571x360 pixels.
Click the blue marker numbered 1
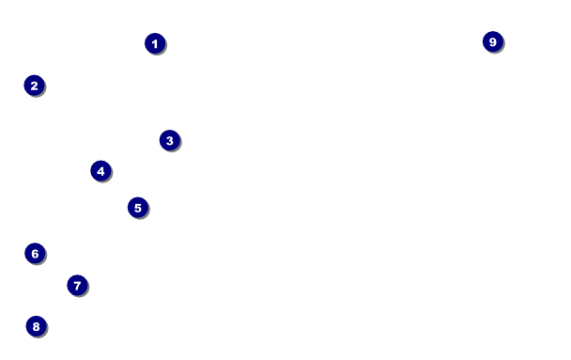tap(155, 43)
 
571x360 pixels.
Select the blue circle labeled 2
tap(34, 86)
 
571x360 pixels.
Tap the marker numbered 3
tap(170, 140)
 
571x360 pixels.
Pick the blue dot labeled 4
tap(100, 171)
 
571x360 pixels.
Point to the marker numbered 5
tap(138, 208)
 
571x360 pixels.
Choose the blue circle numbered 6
tap(35, 253)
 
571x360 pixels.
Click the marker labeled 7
tap(77, 286)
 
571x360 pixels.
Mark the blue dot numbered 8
tap(36, 326)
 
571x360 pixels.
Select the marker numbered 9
tap(493, 41)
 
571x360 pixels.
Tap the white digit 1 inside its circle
tap(155, 44)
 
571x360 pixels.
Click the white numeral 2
tap(34, 86)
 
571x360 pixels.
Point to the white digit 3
tap(170, 141)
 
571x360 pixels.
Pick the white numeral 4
tap(100, 171)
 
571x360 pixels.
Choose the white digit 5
tap(138, 208)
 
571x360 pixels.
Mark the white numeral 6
tap(35, 254)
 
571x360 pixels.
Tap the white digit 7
tap(77, 286)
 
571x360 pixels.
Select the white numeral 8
tap(36, 326)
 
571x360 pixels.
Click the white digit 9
tap(493, 42)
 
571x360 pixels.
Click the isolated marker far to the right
tap(493, 41)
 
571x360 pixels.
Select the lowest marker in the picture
tap(36, 326)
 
